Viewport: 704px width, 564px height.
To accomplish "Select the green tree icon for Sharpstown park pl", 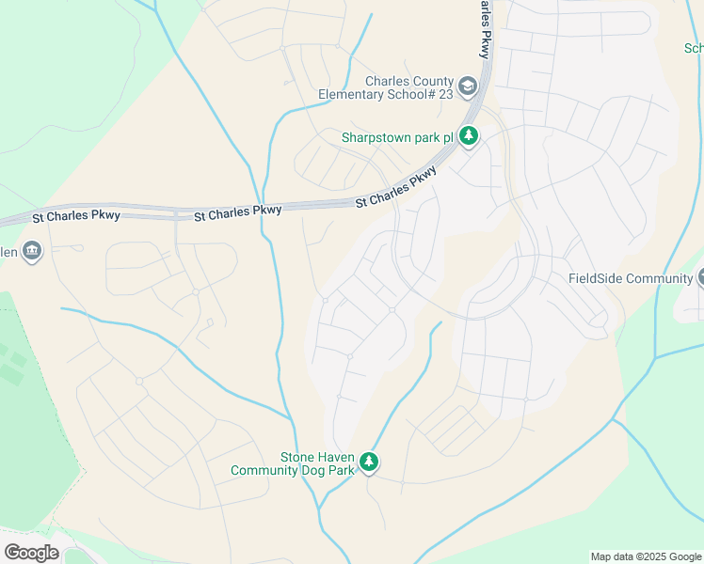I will click(x=469, y=137).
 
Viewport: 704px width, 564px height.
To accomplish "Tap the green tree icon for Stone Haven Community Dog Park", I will click(x=370, y=462).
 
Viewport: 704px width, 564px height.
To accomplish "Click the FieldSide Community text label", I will click(x=631, y=278).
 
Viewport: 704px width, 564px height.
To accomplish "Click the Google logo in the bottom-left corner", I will click(x=31, y=553).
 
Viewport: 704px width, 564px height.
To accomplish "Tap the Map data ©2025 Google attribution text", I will click(x=646, y=556).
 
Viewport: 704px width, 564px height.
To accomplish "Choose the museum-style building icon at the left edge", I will click(x=33, y=252).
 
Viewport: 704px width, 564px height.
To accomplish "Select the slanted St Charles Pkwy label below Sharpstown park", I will click(x=396, y=188).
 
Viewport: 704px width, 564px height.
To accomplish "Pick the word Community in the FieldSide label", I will click(x=660, y=278).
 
